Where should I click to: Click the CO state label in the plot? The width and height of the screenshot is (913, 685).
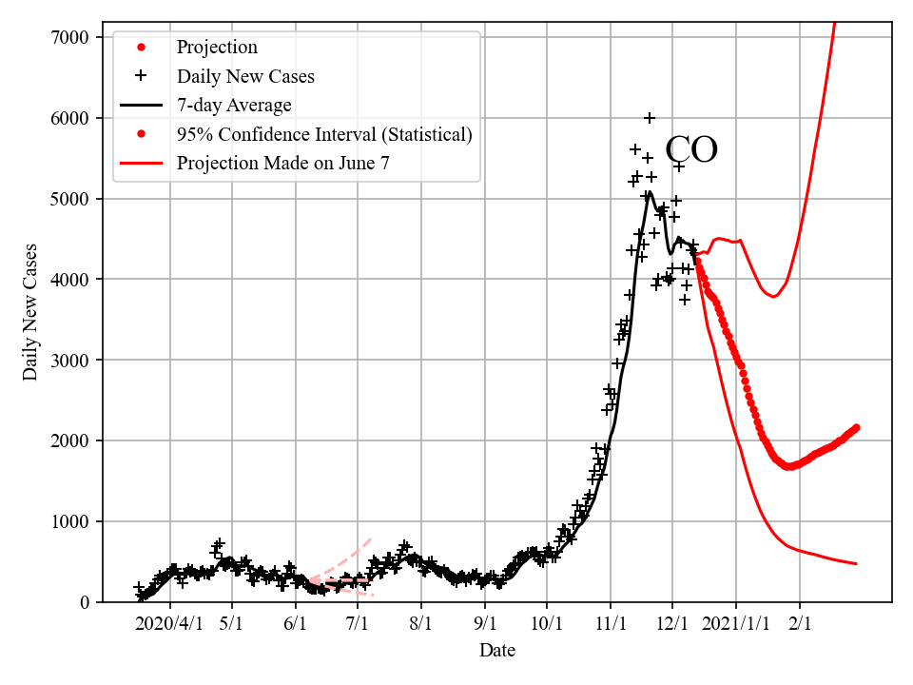(690, 150)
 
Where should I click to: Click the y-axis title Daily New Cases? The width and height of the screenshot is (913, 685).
(30, 311)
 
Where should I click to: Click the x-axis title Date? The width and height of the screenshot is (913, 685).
(497, 651)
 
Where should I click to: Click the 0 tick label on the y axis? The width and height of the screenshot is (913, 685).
(84, 602)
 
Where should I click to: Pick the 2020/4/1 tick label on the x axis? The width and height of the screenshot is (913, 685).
(169, 623)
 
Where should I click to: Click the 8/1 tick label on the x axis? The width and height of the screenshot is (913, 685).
(420, 623)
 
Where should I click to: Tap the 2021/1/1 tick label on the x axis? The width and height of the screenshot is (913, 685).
(735, 623)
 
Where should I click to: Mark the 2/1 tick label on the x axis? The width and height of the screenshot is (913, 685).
(799, 623)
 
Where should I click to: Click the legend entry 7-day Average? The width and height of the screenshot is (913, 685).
(234, 105)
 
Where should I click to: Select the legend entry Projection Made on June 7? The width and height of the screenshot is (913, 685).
(282, 164)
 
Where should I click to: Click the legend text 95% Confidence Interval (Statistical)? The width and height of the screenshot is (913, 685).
(324, 134)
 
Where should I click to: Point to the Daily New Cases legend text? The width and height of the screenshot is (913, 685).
(245, 76)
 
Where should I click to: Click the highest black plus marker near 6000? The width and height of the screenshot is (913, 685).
(650, 118)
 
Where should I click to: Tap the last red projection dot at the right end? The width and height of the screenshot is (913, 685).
(856, 428)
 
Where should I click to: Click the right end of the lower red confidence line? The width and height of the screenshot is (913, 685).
(856, 564)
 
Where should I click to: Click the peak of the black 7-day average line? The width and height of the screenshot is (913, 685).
(649, 193)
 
